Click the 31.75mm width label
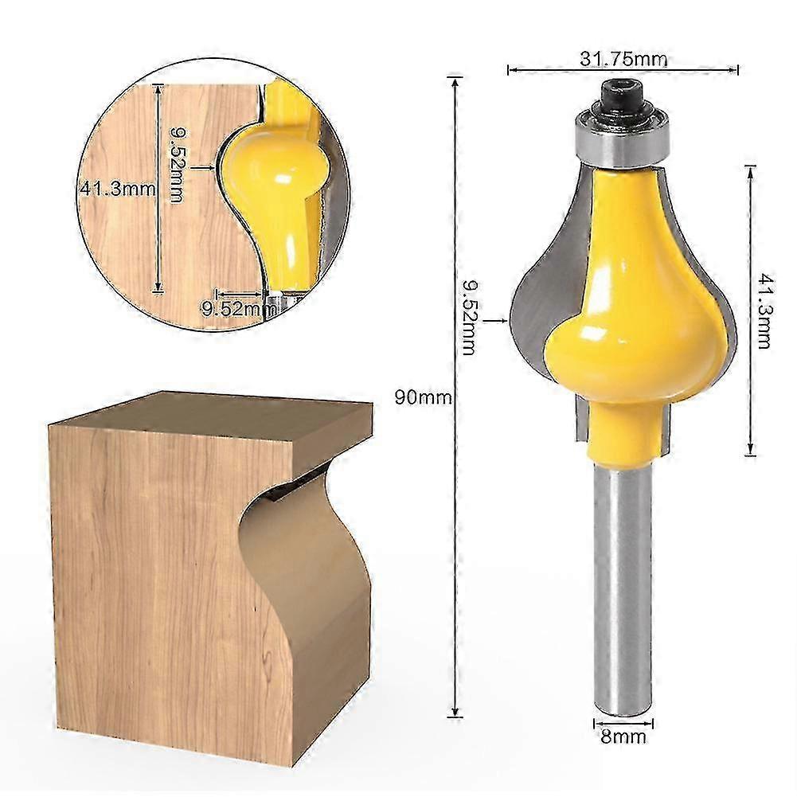coord(623,59)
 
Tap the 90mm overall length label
coord(423,397)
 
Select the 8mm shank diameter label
coord(623,736)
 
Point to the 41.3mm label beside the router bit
coord(764,311)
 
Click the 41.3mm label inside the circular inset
coord(117,189)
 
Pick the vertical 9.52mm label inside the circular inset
coord(175,166)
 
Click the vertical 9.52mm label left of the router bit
coord(468,318)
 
